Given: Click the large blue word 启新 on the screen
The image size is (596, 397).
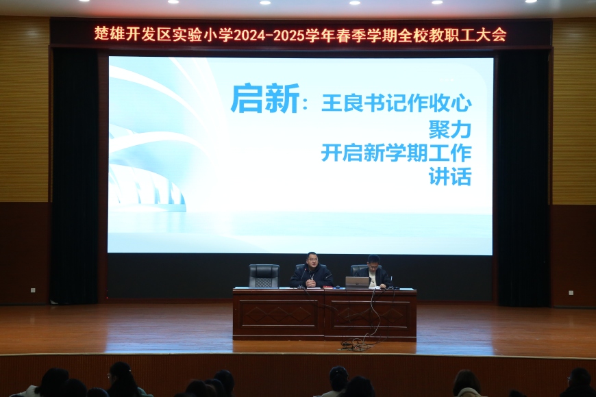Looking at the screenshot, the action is tap(265, 99).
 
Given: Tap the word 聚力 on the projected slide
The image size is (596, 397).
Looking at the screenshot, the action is tap(450, 129).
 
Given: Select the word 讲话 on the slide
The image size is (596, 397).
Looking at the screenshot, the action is tap(450, 177).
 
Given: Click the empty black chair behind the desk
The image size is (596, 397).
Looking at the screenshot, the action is tap(264, 275).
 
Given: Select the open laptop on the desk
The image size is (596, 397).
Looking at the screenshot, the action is tap(357, 283).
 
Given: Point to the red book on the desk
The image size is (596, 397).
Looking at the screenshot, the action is tap(328, 287).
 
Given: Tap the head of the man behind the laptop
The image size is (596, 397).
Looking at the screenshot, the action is tap(373, 261).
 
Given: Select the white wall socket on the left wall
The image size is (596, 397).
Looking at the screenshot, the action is tap(33, 290).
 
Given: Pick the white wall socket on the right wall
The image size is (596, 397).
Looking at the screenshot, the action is tap(571, 293).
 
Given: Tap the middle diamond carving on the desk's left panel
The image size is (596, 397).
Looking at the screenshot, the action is tap(279, 315).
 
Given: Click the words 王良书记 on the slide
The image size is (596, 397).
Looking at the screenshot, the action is tap(353, 103).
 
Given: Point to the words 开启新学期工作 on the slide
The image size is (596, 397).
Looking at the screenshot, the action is tap(397, 153).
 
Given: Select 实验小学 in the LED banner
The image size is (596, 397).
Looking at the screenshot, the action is tap(202, 35).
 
